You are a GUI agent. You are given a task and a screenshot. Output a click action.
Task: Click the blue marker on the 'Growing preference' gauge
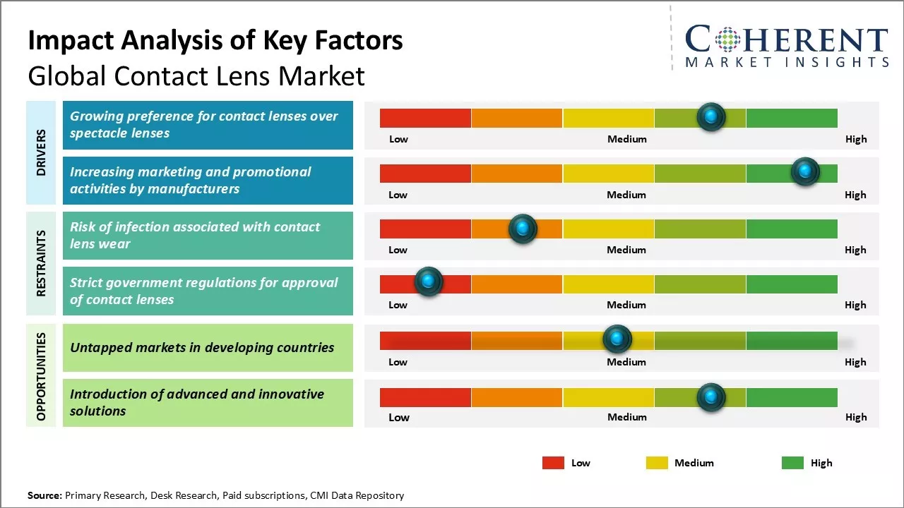tap(711, 117)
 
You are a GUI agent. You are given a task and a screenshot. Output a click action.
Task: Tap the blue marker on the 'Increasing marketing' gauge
tap(804, 171)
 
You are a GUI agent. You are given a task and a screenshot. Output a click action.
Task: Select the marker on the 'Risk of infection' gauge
tap(523, 229)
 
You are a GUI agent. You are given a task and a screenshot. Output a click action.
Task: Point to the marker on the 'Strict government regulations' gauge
tap(428, 282)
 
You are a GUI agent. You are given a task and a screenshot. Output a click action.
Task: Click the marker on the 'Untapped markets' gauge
tap(617, 339)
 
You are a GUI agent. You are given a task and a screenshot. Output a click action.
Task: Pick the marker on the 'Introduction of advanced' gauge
tap(711, 397)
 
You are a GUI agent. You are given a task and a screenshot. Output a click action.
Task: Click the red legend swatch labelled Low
tap(553, 463)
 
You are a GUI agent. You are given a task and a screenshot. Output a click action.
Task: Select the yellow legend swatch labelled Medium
tap(657, 463)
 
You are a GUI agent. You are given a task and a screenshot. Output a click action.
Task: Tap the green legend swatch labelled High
tap(792, 463)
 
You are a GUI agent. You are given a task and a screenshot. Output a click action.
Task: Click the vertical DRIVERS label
tap(41, 152)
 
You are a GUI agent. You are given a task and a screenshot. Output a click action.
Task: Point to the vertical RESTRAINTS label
tap(41, 262)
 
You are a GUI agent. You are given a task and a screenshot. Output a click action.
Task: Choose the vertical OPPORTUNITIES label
tap(41, 377)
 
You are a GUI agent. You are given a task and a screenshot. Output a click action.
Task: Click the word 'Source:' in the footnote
tap(44, 495)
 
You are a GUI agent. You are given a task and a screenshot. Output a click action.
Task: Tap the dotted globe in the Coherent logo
tap(727, 40)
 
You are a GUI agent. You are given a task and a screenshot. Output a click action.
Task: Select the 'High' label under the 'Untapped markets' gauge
tap(855, 362)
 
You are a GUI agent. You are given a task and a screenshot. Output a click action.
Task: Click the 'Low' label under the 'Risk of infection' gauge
tap(398, 250)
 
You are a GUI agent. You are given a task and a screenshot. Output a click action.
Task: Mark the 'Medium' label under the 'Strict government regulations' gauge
tap(626, 305)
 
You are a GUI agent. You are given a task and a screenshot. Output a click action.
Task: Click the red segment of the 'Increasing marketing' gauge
tap(425, 174)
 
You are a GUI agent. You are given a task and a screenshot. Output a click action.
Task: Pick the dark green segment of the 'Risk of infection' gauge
tap(791, 229)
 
